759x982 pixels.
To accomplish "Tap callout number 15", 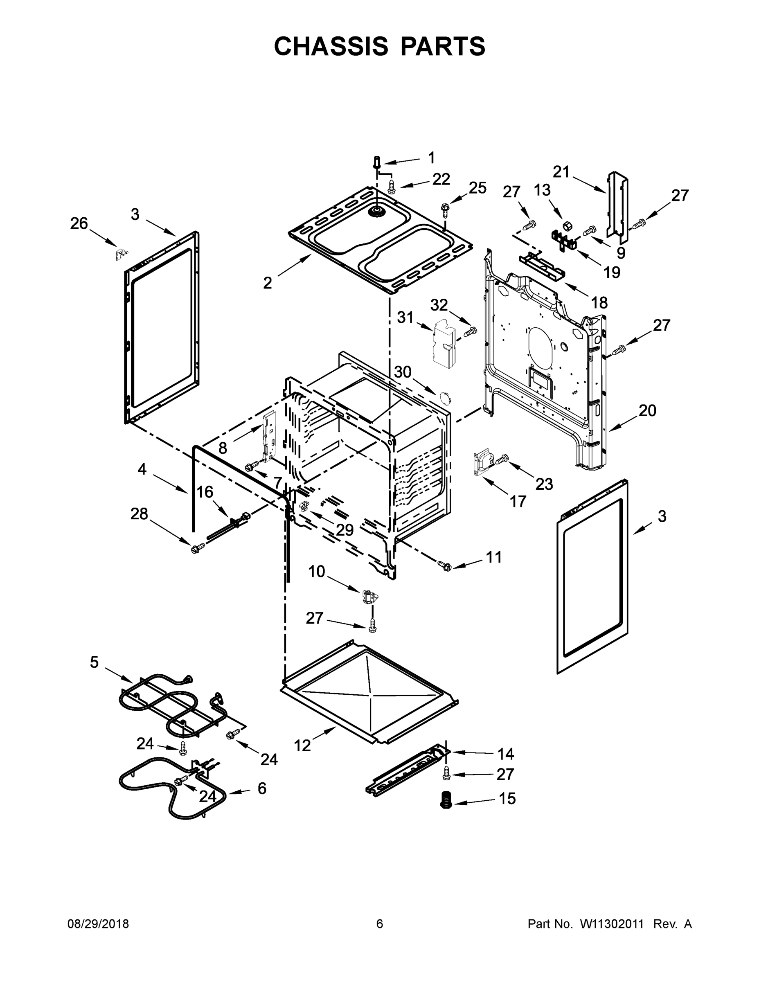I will (507, 798).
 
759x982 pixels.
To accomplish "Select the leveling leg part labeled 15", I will (446, 799).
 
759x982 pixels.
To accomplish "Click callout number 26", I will (79, 223).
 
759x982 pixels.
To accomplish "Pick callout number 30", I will (403, 372).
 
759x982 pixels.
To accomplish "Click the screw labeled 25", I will (445, 209).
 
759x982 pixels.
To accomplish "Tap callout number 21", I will (561, 172).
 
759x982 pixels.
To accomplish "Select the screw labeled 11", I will (444, 565).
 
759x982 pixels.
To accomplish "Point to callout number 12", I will (302, 746).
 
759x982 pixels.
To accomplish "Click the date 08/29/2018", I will (98, 924).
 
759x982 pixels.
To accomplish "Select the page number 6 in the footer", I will (380, 924).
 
